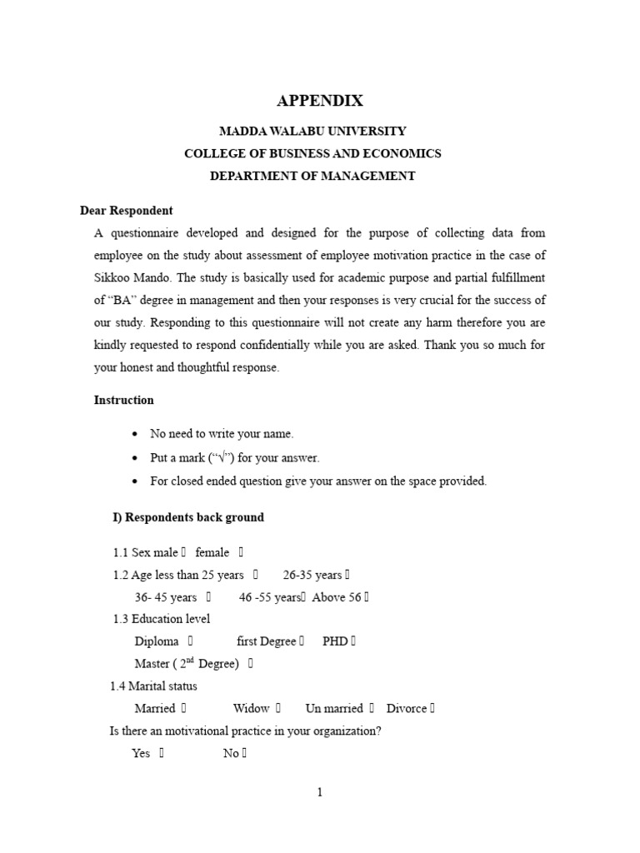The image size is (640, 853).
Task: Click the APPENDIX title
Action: click(x=319, y=101)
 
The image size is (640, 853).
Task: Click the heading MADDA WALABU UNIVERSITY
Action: click(x=312, y=131)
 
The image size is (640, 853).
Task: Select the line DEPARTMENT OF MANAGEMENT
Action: click(x=312, y=176)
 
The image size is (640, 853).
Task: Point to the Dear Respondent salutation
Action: click(x=126, y=211)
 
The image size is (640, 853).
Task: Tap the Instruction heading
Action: click(x=123, y=400)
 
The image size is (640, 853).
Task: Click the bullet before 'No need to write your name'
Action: click(x=135, y=434)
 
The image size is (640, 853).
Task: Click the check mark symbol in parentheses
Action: click(x=221, y=457)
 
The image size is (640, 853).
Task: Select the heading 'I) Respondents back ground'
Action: click(x=188, y=517)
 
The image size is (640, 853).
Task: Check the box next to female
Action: click(x=241, y=551)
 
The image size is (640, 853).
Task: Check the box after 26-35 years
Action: click(x=347, y=574)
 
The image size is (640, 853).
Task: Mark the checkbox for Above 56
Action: click(x=366, y=596)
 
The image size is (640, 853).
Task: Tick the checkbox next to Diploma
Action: click(x=191, y=641)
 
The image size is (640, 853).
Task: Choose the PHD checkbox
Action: click(x=353, y=641)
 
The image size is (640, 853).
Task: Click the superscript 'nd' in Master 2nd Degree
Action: click(x=190, y=661)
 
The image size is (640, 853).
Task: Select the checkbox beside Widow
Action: click(x=278, y=708)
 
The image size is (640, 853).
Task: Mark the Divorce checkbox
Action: click(x=432, y=708)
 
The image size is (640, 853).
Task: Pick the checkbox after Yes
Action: click(x=162, y=753)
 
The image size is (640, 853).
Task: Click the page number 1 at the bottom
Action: click(x=319, y=792)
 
